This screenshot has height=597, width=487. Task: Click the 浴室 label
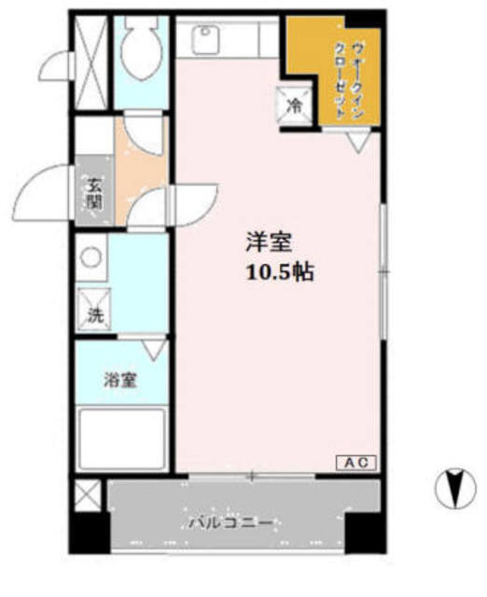[120, 381]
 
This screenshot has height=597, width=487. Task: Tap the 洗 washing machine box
[95, 315]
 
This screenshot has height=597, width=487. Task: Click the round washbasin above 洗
[90, 255]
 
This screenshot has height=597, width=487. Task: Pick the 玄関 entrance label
[94, 193]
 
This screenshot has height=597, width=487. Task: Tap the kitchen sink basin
[204, 38]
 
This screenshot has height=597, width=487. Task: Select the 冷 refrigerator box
[293, 105]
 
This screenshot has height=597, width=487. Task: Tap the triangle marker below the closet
[356, 143]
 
